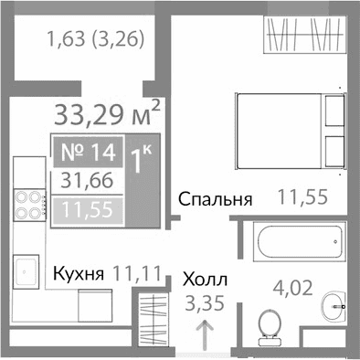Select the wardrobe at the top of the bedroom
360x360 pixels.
click(302, 37)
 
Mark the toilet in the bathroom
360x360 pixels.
click(269, 326)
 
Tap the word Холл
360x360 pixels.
click(206, 280)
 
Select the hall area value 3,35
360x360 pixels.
click(204, 302)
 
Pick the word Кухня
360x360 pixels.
click(80, 272)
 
